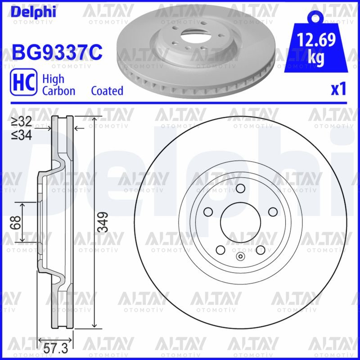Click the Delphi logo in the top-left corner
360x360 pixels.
33,12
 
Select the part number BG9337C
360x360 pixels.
58,53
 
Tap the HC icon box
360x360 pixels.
23,84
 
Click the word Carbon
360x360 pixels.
58,90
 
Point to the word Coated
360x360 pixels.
107,90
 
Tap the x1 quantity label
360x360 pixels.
338,90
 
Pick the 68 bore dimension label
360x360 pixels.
17,222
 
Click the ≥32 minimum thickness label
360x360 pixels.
22,121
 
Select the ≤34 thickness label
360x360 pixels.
22,134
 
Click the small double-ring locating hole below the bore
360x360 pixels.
240,257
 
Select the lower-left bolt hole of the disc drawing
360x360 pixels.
220,250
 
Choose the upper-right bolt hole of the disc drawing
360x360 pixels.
273,212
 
